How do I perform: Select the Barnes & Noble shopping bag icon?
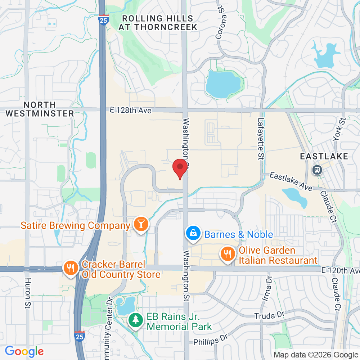pos(193,234)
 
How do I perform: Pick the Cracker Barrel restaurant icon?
pos(69,268)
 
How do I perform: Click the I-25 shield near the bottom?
pos(80,336)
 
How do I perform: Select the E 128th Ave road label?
pos(131,111)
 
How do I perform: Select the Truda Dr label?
pos(269,316)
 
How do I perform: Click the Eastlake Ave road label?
pos(291,181)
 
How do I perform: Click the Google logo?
pos(24,351)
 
